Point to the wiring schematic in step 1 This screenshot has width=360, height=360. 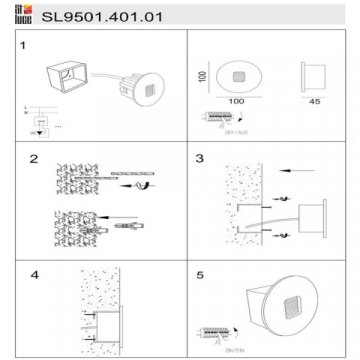click(37, 118)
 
